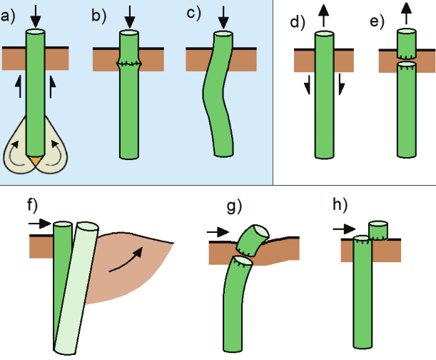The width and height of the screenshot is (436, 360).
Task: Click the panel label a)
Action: click(7, 16)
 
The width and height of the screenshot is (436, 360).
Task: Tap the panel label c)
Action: click(193, 14)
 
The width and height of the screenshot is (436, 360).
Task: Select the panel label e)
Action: click(377, 21)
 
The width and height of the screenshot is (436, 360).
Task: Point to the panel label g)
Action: click(234, 206)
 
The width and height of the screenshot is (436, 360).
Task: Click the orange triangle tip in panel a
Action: click(36, 161)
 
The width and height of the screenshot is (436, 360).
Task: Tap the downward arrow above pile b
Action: click(130, 16)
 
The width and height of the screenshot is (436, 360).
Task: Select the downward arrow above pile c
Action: click(223, 17)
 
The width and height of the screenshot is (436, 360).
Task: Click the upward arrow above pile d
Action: click(324, 14)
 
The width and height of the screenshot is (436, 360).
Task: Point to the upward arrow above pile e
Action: click(407, 13)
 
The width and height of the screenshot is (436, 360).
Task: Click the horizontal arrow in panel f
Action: click(40, 224)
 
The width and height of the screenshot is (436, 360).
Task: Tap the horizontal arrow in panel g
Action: click(218, 231)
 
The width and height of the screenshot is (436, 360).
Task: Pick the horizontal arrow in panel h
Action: click(344, 229)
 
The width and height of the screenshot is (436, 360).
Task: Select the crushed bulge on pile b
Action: click(129, 64)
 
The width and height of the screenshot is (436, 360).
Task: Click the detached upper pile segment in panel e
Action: click(407, 44)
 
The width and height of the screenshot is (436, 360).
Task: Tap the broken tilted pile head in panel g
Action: click(253, 240)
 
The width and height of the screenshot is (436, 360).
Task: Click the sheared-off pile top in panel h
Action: click(378, 230)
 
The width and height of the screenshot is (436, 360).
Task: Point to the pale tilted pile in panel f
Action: click(76, 288)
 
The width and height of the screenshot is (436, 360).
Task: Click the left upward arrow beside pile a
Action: click(19, 86)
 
